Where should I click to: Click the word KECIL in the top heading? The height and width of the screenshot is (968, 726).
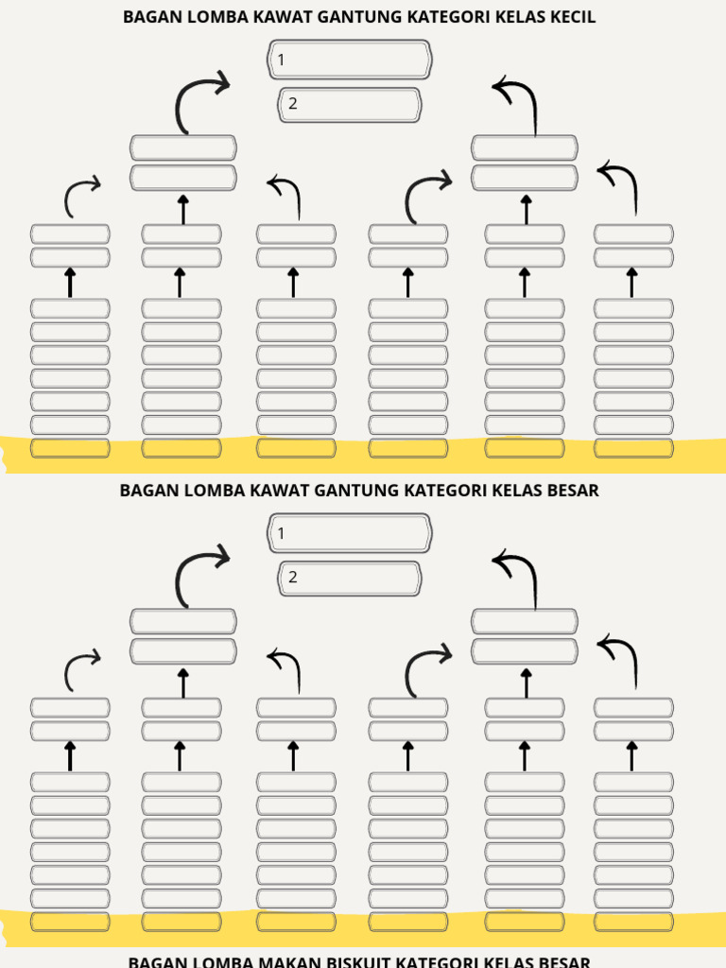pos(572,17)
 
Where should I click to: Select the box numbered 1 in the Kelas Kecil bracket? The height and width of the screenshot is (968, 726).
pos(350,60)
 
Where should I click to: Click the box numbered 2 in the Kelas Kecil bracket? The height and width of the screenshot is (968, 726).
pos(350,105)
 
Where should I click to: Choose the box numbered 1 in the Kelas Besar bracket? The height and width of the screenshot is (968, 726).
pos(350,534)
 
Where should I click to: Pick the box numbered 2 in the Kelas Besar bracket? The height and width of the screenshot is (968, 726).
pos(350,579)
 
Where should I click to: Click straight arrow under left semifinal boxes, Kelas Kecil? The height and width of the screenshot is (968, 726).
pos(183,209)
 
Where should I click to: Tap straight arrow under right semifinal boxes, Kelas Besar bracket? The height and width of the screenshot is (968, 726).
pos(526,683)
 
